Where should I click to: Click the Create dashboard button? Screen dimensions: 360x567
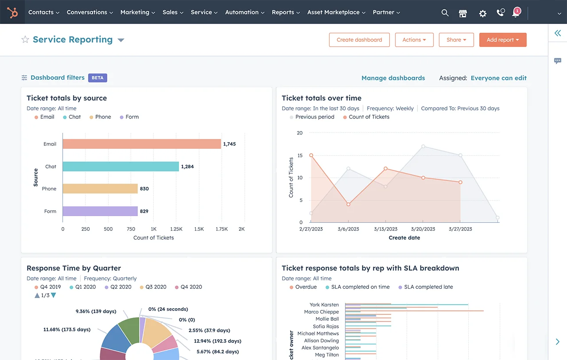359,40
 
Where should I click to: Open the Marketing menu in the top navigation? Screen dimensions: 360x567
137,12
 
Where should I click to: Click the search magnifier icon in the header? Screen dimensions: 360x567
445,13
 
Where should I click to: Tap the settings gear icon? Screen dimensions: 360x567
482,13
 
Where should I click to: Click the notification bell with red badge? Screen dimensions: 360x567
516,13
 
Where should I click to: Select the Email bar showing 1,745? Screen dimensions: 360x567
142,144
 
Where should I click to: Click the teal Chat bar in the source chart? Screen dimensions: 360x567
120,166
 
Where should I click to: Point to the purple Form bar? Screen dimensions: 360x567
100,211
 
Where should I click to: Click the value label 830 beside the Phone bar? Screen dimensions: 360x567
144,189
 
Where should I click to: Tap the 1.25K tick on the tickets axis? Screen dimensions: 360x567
176,229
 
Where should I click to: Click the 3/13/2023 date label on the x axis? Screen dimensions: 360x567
385,229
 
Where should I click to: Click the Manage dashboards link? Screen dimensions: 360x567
393,78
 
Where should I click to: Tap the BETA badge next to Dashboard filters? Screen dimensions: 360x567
97,78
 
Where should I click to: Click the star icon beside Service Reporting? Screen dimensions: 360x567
25,39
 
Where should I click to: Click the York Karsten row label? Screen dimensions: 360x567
324,305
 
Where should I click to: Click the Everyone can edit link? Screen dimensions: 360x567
498,78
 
